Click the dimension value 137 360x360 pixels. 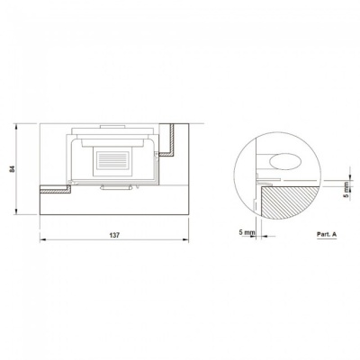tap(114, 235)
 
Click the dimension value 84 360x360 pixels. tap(12, 169)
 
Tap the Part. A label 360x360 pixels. tap(327, 234)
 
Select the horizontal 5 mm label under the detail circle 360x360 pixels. tap(247, 232)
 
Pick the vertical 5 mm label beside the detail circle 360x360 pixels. tap(346, 190)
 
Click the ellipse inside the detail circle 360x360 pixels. tap(285, 161)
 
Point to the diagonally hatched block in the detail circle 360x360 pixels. tap(289, 202)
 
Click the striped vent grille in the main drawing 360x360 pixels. tap(112, 159)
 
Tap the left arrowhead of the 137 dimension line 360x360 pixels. tap(43, 239)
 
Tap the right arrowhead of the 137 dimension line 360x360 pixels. tap(185, 239)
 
